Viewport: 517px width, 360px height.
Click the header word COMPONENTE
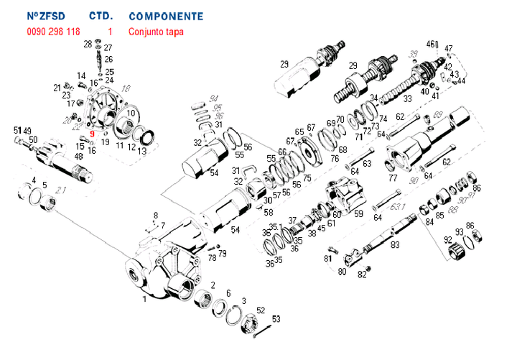(165, 16)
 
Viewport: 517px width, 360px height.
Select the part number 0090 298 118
(54, 32)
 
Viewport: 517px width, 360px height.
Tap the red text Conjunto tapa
(155, 32)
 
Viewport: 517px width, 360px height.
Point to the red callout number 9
(92, 133)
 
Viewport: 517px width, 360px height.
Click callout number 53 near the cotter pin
(276, 318)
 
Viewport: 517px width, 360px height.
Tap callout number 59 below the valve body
(359, 213)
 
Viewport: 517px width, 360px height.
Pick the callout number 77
(393, 177)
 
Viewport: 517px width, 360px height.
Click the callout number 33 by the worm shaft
(407, 98)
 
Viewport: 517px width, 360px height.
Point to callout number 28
(87, 45)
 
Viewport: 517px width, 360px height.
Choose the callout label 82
(362, 275)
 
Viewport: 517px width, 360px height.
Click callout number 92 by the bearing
(447, 240)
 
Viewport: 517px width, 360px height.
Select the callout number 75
(307, 178)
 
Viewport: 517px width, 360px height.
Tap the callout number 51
(17, 130)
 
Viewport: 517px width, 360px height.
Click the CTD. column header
(100, 16)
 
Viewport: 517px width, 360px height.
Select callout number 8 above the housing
(155, 216)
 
